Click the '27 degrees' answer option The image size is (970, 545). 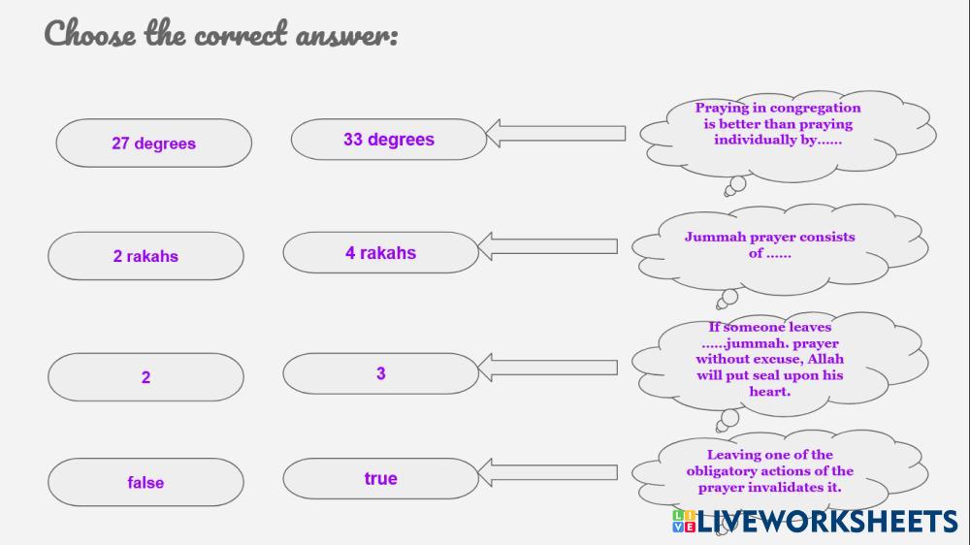click(x=153, y=144)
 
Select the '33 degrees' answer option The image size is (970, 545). click(x=388, y=140)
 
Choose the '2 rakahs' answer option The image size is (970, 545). click(x=145, y=257)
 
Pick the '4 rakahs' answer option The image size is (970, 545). click(x=380, y=253)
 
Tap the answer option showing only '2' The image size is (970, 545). click(x=145, y=377)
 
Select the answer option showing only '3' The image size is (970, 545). click(x=380, y=373)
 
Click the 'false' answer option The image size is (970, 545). click(x=145, y=482)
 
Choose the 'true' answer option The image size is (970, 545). click(x=380, y=478)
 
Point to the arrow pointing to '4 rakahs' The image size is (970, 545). click(x=548, y=246)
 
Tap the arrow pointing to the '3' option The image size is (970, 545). click(x=548, y=367)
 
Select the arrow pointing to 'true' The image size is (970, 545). click(x=548, y=472)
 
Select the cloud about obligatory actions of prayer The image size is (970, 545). click(x=770, y=471)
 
